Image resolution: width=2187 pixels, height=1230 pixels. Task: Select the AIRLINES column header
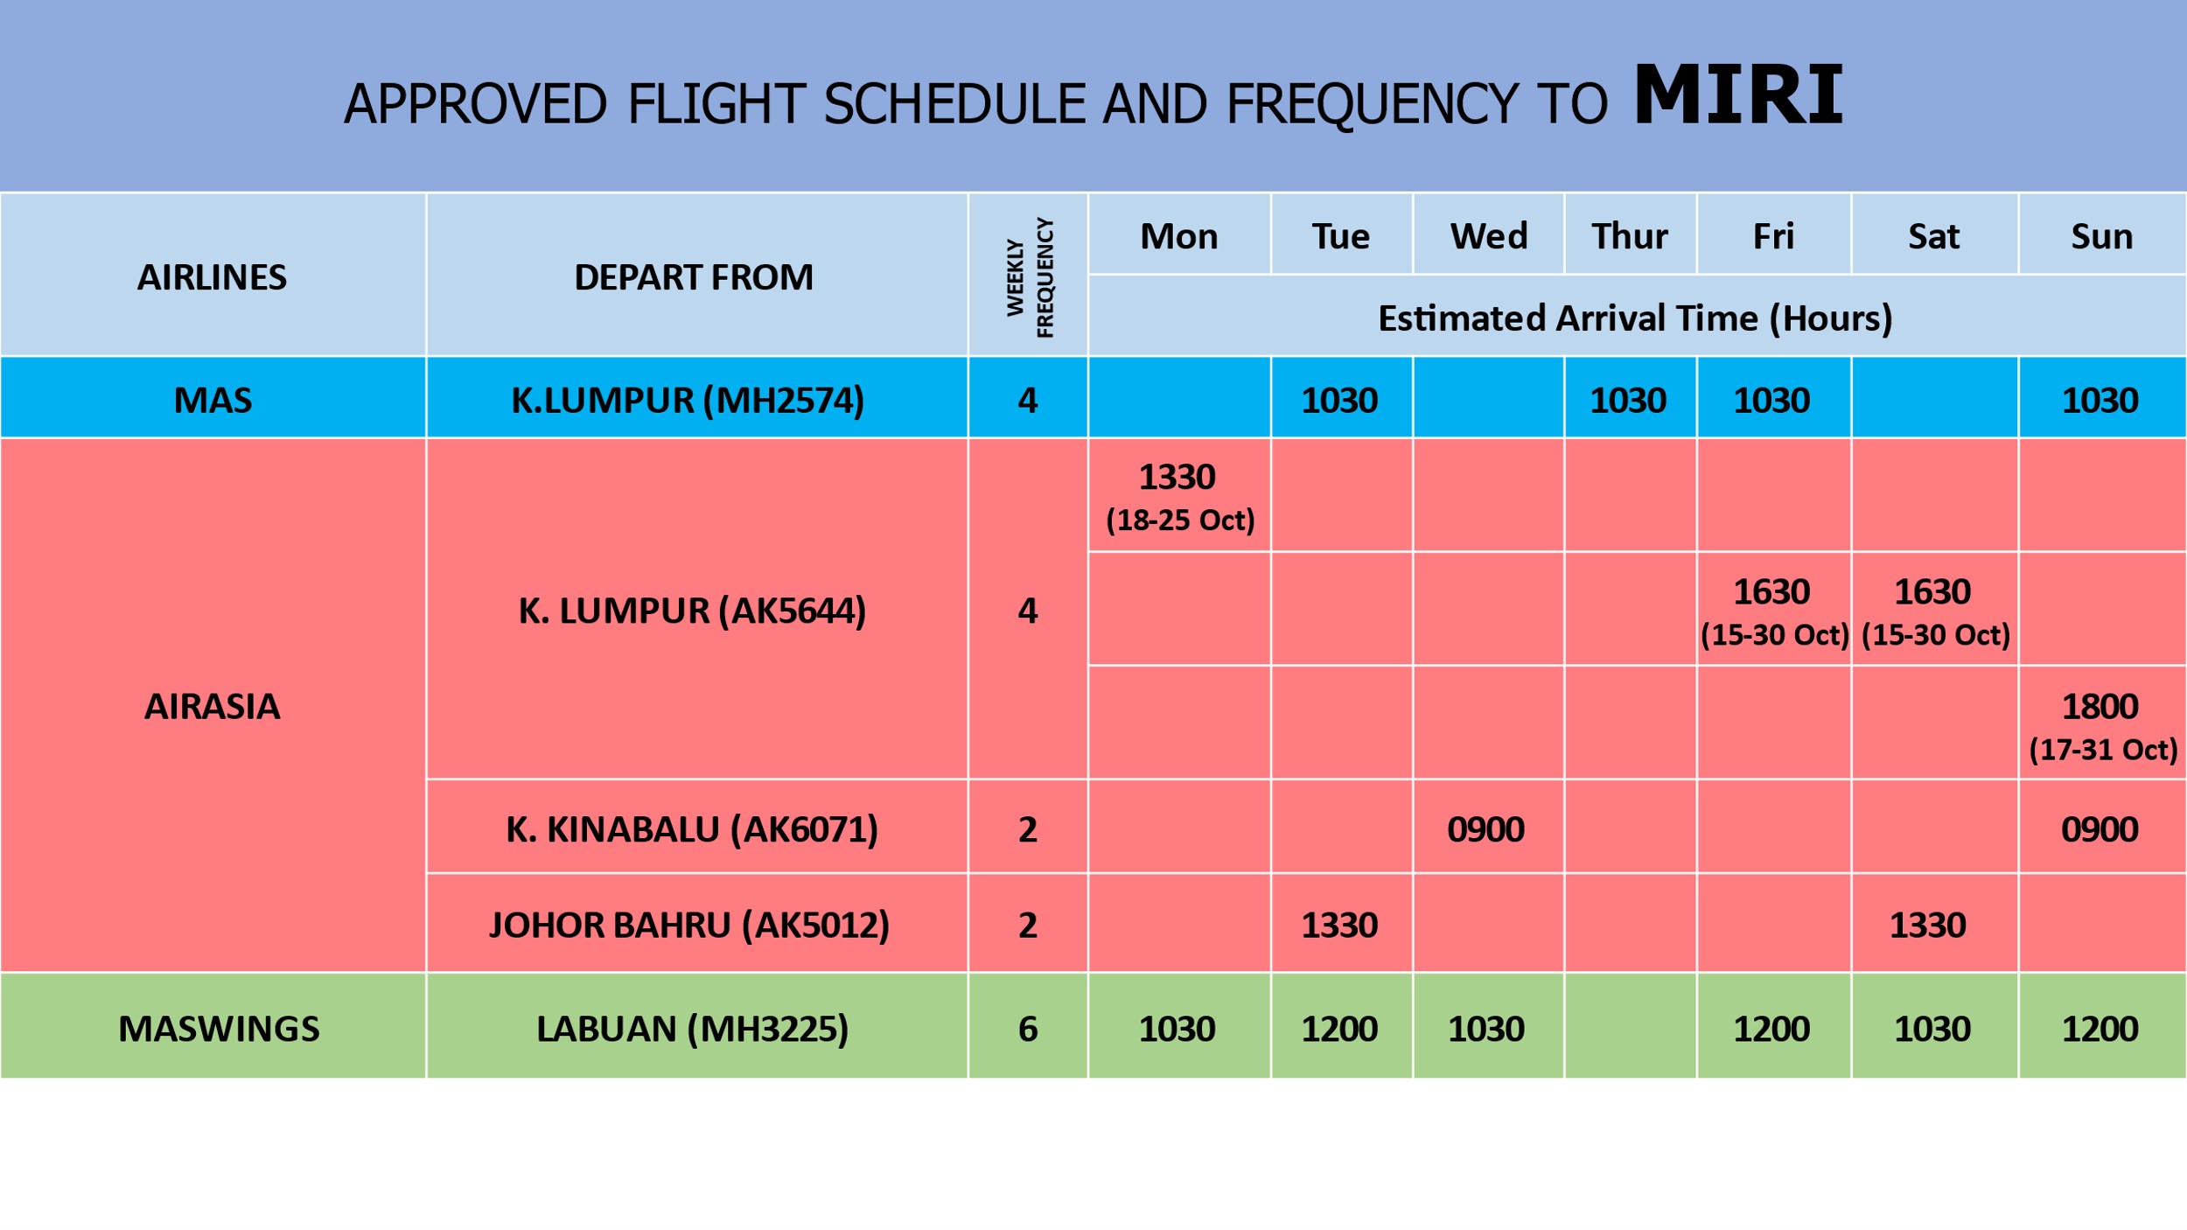(x=212, y=277)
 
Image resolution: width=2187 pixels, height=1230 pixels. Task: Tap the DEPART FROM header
(x=694, y=277)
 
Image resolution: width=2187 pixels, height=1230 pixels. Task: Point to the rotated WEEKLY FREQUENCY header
(x=1030, y=277)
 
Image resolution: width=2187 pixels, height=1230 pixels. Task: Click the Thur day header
(x=1630, y=236)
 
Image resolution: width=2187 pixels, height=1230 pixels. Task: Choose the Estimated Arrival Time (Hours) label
(x=1635, y=318)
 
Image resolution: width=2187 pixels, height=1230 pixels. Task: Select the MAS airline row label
(x=213, y=401)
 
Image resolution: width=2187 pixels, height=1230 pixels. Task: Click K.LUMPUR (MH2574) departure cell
(x=688, y=401)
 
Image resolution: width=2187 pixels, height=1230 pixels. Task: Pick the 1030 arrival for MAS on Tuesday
(x=1339, y=401)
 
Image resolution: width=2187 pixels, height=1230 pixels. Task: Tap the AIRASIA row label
(x=212, y=707)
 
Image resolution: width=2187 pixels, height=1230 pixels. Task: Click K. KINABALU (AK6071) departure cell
(x=692, y=829)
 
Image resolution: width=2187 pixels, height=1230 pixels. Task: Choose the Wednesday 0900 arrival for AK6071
(x=1486, y=829)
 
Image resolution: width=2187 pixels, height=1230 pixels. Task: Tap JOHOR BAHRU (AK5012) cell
(x=689, y=926)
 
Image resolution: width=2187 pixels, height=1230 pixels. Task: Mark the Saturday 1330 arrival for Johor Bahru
(x=1928, y=926)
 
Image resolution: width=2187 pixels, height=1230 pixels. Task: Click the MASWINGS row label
(x=219, y=1029)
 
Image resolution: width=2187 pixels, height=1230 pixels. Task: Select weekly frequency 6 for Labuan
(x=1028, y=1029)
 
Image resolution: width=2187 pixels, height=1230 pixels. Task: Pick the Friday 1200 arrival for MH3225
(x=1771, y=1029)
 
